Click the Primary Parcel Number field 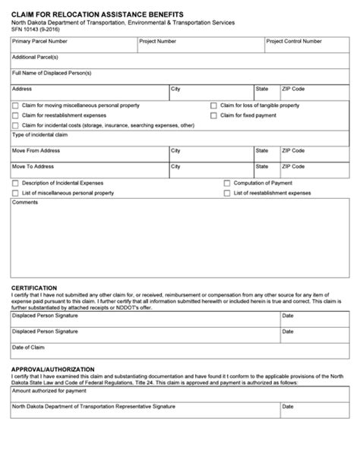pyautogui.click(x=73, y=46)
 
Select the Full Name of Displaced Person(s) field pyautogui.click(x=179, y=79)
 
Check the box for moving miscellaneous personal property pyautogui.click(x=15, y=105)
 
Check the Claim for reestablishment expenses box pyautogui.click(x=15, y=115)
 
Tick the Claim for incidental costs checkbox pyautogui.click(x=15, y=125)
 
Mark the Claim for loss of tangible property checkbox pyautogui.click(x=213, y=105)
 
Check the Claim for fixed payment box pyautogui.click(x=213, y=115)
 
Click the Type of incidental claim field pyautogui.click(x=179, y=140)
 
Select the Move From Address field pyautogui.click(x=88, y=156)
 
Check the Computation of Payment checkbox pyautogui.click(x=227, y=183)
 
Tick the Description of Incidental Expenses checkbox pyautogui.click(x=15, y=183)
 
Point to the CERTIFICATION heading pyautogui.click(x=33, y=288)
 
